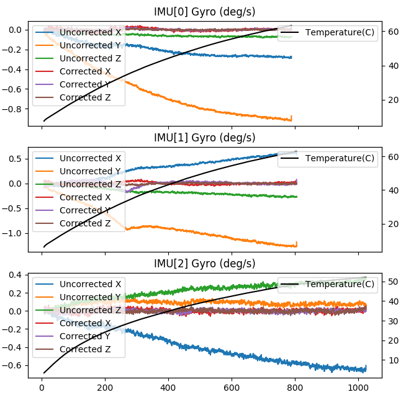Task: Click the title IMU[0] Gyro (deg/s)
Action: click(x=204, y=12)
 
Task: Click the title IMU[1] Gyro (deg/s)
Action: click(x=204, y=138)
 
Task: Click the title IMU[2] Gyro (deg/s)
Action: click(x=204, y=264)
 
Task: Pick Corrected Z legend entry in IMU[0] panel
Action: click(x=85, y=97)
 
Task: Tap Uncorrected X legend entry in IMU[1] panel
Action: click(x=91, y=158)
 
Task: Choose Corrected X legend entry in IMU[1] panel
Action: click(x=85, y=197)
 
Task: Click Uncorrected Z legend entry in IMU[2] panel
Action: click(x=91, y=310)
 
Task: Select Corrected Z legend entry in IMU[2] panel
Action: click(x=85, y=349)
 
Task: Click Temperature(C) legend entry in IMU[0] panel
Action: click(x=340, y=32)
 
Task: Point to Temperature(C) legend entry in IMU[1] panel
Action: click(x=340, y=158)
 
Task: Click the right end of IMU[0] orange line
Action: click(x=291, y=119)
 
